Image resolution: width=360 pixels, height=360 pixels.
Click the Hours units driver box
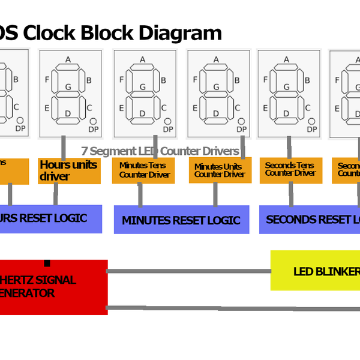[x=69, y=171]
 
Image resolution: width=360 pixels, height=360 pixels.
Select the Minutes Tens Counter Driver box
[x=143, y=170]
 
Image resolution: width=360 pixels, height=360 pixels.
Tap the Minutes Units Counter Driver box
[x=219, y=170]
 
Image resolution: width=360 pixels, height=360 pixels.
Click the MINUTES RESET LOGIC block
[x=181, y=220]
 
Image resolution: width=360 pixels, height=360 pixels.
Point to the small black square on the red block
[x=47, y=263]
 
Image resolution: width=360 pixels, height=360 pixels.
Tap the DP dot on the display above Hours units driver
[x=94, y=121]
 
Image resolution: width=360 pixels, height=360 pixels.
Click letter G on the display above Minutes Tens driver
[x=143, y=88]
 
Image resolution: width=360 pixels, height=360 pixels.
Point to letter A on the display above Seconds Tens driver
[x=286, y=59]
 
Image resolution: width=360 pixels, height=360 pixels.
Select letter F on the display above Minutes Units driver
[x=196, y=79]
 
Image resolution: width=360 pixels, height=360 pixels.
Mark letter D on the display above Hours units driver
[x=68, y=113]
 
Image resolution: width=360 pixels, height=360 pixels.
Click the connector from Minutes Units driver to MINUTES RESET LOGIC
[x=215, y=194]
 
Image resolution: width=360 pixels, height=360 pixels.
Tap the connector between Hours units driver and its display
[x=63, y=146]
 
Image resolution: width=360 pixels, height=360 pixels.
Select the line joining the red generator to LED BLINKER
[x=189, y=271]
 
